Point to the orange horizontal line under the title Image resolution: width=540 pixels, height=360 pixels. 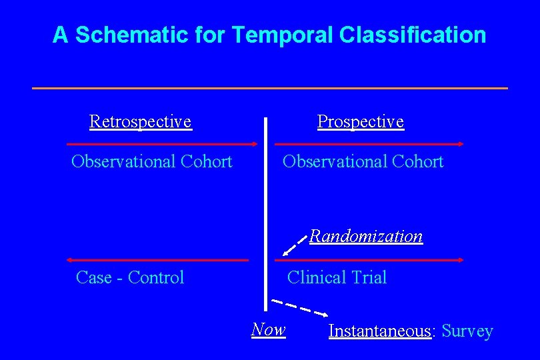tap(269, 88)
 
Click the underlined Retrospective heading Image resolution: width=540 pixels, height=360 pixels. tap(141, 121)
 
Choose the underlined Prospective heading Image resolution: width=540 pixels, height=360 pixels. tap(360, 121)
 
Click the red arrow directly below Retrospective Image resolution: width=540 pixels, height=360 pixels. tap(162, 143)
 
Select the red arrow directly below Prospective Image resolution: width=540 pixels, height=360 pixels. tap(369, 143)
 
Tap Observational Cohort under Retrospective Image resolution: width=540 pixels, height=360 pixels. tap(152, 161)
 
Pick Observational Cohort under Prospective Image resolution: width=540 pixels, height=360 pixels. tap(363, 161)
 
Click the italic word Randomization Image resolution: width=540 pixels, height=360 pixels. tap(366, 236)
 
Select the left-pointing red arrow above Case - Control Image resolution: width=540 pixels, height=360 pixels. tap(157, 260)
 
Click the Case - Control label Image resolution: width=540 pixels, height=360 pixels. tap(130, 277)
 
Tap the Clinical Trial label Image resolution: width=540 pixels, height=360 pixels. tap(337, 277)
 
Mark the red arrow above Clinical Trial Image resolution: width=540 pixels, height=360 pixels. tap(369, 260)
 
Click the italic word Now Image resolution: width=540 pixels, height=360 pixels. tap(268, 329)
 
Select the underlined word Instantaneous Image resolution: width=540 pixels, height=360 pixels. tap(380, 331)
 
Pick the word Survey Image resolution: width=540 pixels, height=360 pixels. tap(467, 331)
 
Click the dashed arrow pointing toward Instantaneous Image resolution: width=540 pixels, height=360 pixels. tap(301, 308)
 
